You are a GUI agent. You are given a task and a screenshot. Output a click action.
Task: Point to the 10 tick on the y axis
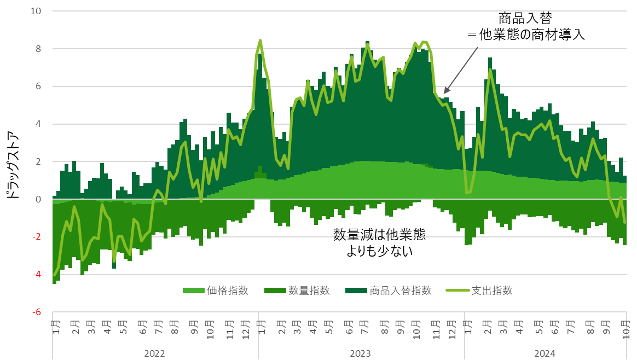click(x=42, y=11)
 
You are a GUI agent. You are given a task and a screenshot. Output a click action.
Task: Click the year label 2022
click(x=154, y=353)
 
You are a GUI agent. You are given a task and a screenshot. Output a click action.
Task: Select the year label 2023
click(x=360, y=353)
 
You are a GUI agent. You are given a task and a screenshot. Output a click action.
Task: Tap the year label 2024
click(x=545, y=353)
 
